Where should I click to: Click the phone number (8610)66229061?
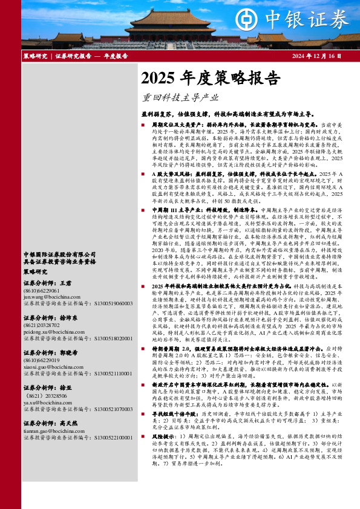pos(41,274)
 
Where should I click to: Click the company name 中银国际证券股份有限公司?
pos(59,238)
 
